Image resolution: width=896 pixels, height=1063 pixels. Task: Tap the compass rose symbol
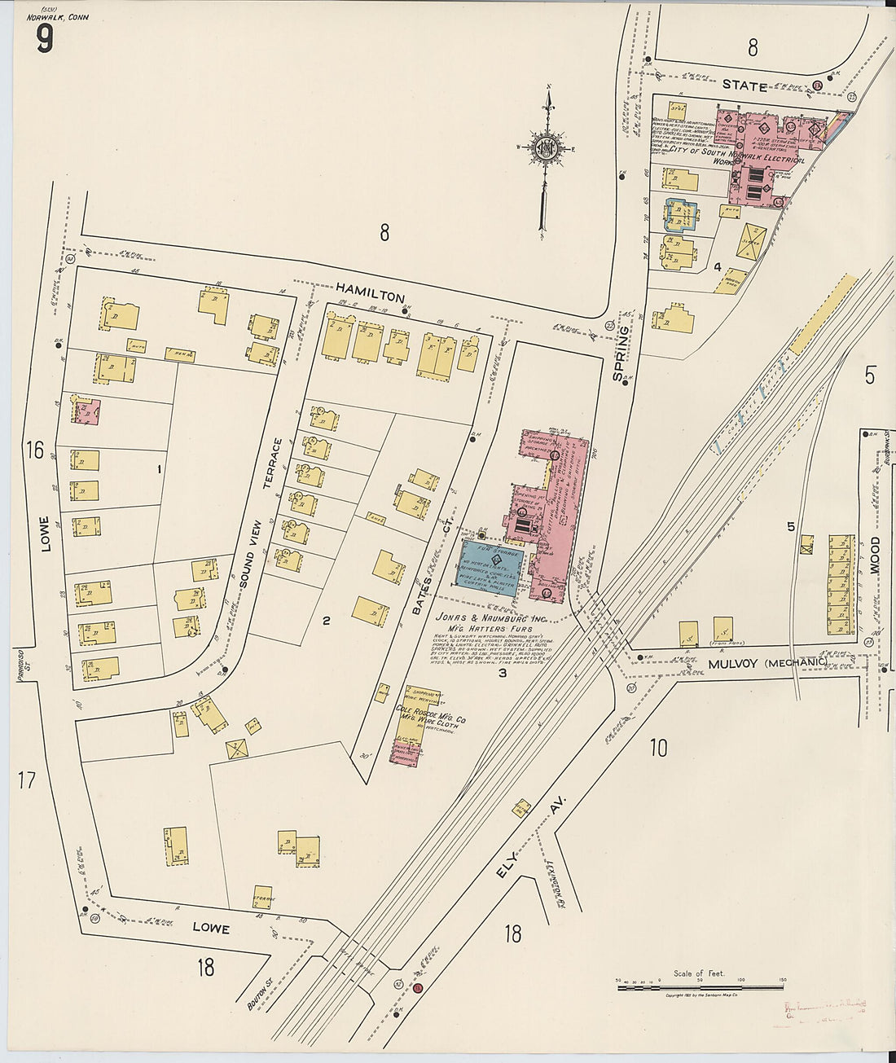[x=543, y=148]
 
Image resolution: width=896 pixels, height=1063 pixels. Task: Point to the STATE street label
[x=745, y=86]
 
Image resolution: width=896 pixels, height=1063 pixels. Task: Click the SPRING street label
[x=625, y=345]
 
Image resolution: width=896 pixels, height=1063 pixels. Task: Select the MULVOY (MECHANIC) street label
[x=766, y=664]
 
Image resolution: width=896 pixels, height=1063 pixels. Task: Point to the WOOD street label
[x=875, y=556]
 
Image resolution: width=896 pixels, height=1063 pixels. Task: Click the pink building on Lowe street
[x=86, y=411]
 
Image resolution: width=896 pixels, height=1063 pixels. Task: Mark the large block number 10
[x=658, y=747]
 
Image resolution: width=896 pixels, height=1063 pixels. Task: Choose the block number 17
[x=27, y=780]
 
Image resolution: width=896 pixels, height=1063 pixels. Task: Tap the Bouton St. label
[x=258, y=995]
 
